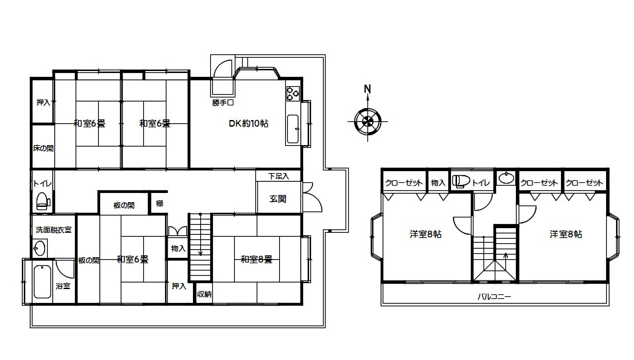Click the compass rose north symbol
367,121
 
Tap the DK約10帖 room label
248,123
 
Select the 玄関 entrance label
278,199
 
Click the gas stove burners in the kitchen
292,93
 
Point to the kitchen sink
292,129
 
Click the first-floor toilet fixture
43,201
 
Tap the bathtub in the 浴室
42,282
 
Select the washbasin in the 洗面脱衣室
40,248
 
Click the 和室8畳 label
257,259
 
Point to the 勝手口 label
223,103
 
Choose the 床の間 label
43,149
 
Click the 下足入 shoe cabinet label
279,176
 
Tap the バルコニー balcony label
494,297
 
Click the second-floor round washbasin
506,178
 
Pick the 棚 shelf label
160,204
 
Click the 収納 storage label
204,294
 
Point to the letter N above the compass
367,88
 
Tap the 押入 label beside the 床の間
43,102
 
